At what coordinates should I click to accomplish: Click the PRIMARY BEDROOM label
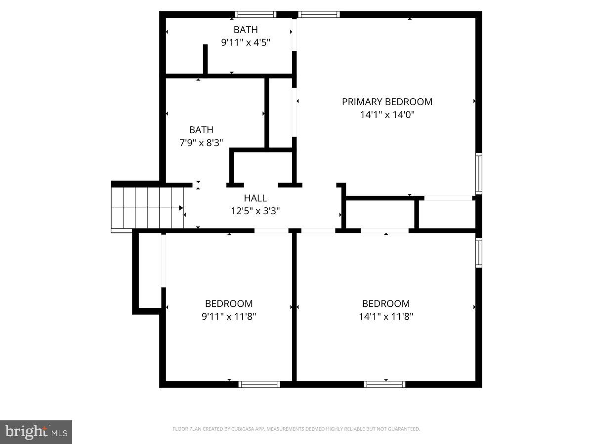[387, 102]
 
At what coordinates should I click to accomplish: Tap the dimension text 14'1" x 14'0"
[387, 114]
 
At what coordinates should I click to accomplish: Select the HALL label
[255, 198]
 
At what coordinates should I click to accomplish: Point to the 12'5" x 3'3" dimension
[255, 211]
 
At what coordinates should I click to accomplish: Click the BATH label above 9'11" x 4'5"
[246, 30]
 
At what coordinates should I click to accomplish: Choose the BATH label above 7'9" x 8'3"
[201, 130]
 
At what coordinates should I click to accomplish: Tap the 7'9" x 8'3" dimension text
[201, 143]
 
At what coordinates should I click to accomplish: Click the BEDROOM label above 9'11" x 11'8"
[229, 304]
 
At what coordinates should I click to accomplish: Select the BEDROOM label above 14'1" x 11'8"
[386, 304]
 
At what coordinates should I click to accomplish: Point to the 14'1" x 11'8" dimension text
[386, 316]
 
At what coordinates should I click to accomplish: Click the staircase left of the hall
[147, 208]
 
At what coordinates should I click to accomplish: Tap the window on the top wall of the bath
[255, 14]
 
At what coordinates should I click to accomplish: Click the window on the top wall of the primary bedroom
[320, 14]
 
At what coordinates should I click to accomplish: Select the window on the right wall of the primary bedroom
[478, 173]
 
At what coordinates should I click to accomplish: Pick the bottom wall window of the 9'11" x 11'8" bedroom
[259, 384]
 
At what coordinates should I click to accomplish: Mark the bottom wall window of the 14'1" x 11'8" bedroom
[384, 384]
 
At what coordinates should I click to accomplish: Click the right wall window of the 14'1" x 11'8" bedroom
[478, 253]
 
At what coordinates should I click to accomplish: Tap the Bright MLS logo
[36, 432]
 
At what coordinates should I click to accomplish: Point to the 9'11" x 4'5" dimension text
[246, 42]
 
